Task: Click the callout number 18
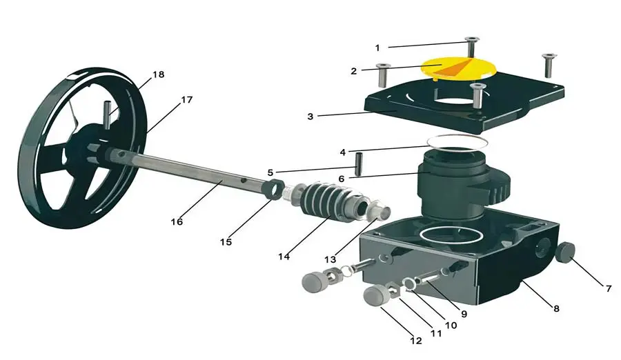coord(159,74)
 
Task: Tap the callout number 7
coord(609,289)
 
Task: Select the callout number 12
coord(416,341)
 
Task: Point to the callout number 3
coord(310,117)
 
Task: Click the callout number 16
coord(177,222)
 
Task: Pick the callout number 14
coord(284,257)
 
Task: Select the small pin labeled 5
coord(359,164)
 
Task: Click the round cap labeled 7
coord(565,252)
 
